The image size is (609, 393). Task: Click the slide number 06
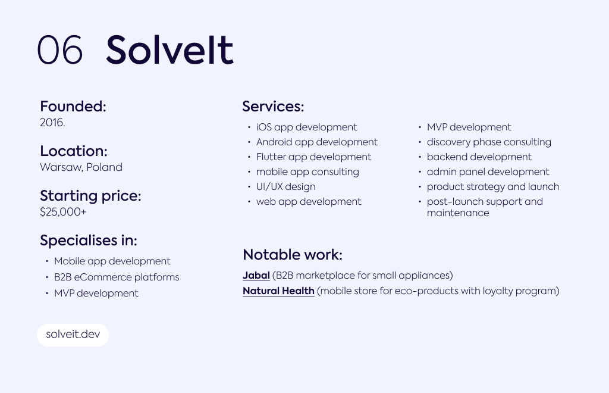point(60,50)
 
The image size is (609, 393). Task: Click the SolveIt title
point(169,50)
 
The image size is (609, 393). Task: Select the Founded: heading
point(73,106)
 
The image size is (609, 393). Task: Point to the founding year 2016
point(52,123)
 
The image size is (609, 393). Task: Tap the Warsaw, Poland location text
point(81,167)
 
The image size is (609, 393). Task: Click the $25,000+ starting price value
point(63,212)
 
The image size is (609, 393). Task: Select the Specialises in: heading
point(89,240)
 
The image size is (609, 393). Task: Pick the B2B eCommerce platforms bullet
point(117,277)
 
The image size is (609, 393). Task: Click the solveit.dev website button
point(73,335)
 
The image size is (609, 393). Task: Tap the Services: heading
point(273,106)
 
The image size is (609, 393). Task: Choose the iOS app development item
point(306,127)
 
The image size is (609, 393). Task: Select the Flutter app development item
point(314,157)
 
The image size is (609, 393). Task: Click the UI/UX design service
point(286,187)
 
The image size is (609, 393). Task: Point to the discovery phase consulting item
point(489,142)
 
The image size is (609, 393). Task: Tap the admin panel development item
point(488,172)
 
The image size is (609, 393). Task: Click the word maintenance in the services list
point(458,213)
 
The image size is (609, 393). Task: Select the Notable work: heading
point(293,255)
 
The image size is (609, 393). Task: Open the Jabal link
point(256,275)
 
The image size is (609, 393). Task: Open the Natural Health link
point(278,291)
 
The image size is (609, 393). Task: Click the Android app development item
point(317,142)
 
